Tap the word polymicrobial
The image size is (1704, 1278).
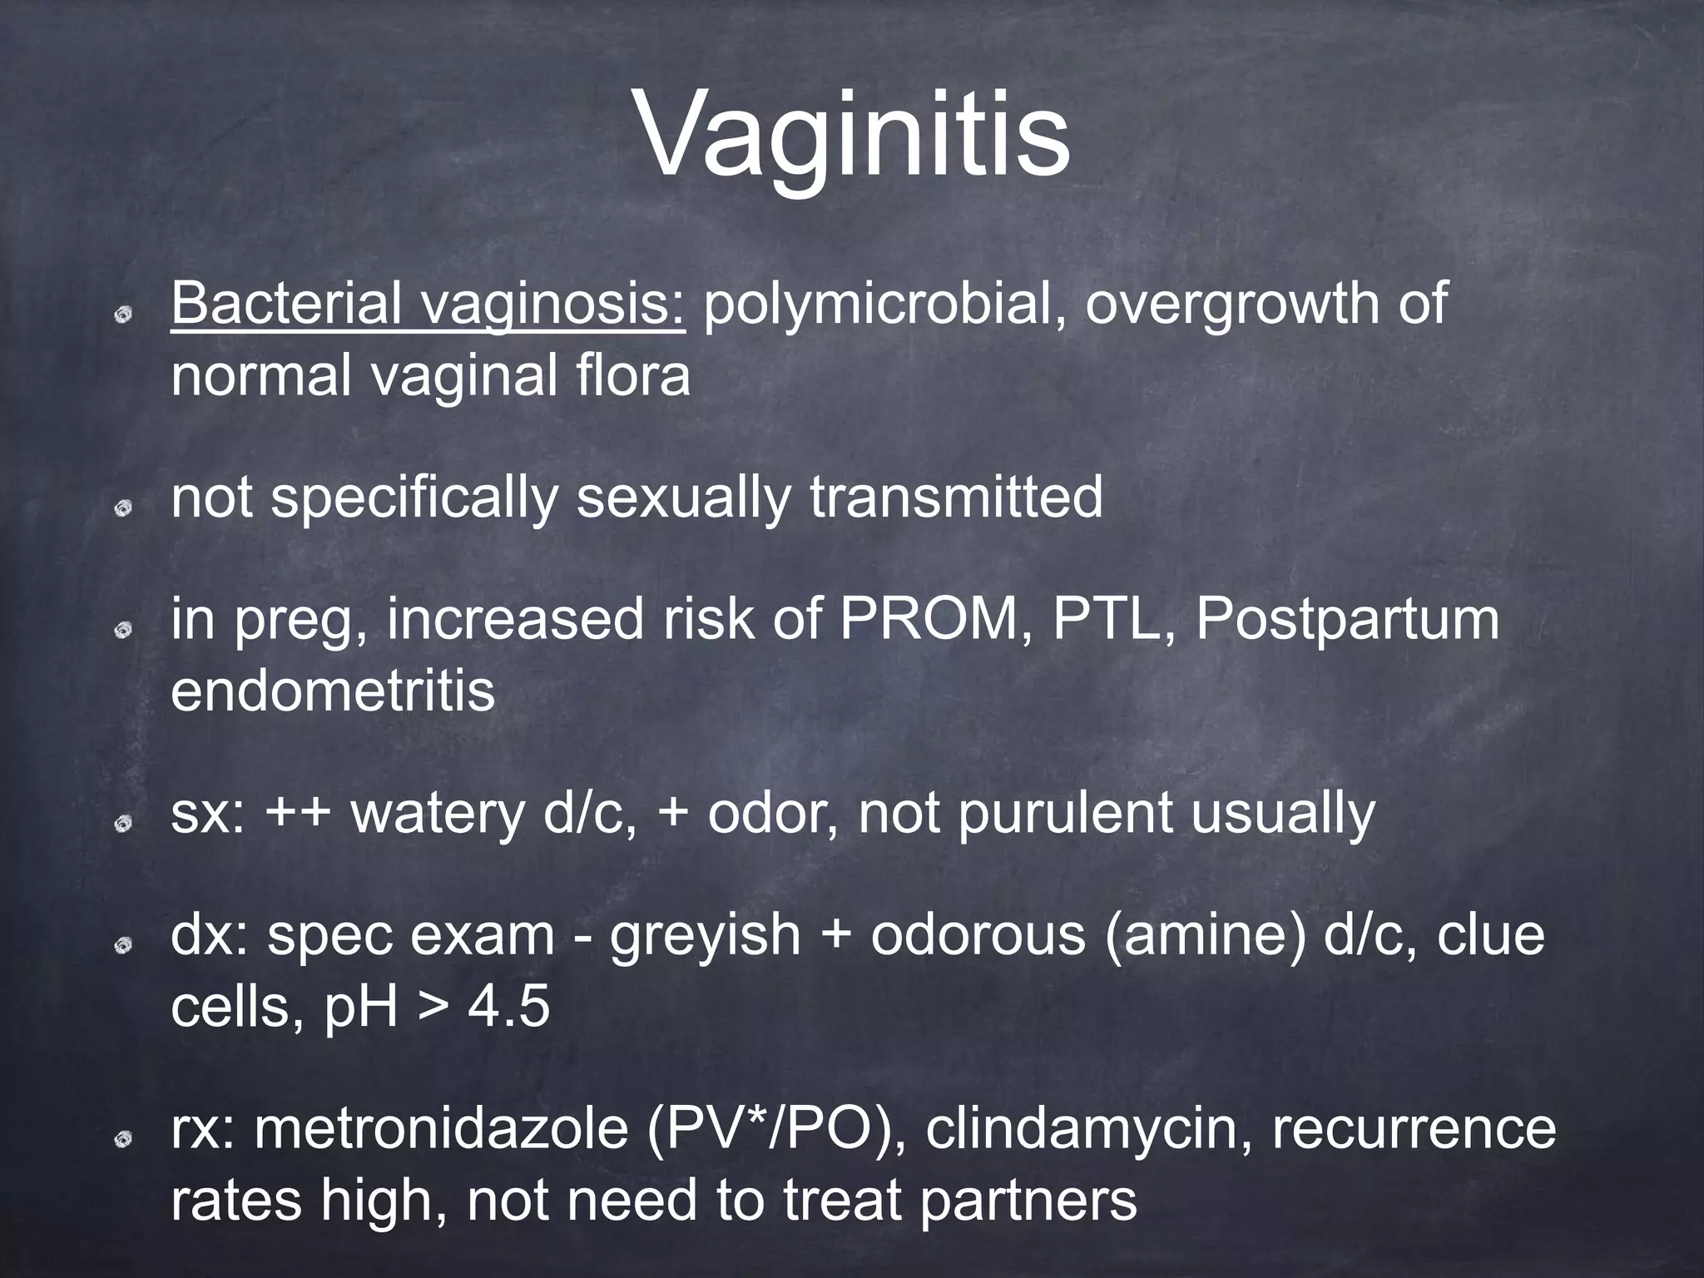tap(882, 305)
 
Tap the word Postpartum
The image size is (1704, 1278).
tap(1348, 621)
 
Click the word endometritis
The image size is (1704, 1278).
tap(333, 691)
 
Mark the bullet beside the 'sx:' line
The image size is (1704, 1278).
tap(122, 823)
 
